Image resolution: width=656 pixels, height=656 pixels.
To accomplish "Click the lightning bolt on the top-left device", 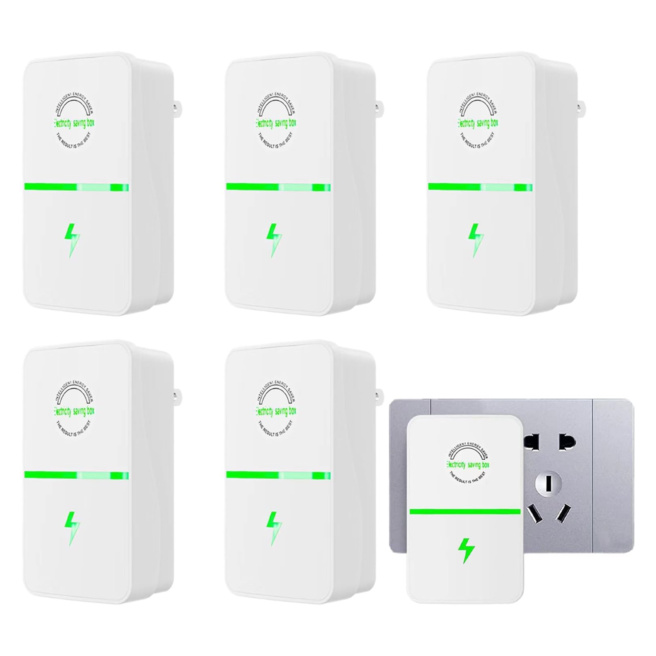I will click(x=72, y=241).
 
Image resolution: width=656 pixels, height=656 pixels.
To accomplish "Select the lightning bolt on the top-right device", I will click(x=476, y=241).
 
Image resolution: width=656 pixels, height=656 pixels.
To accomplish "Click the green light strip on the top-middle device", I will click(x=278, y=187).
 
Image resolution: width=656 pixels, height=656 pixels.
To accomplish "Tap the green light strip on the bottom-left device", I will click(x=76, y=475).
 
